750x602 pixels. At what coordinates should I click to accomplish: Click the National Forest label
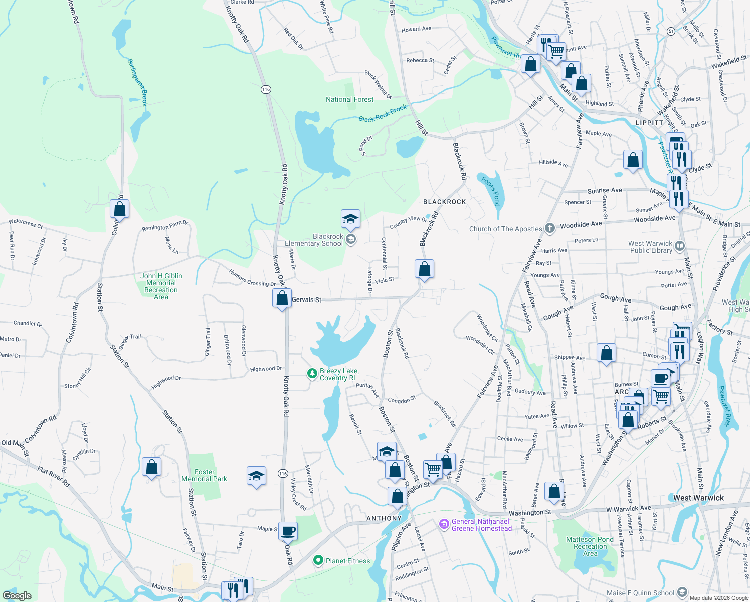349,99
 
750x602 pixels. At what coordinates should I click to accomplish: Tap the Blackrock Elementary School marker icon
351,239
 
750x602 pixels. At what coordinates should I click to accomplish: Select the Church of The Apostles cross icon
550,228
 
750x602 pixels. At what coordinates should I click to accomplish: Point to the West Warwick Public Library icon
680,246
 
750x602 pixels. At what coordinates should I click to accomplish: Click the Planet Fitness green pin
318,560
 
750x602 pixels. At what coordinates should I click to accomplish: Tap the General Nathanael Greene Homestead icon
444,524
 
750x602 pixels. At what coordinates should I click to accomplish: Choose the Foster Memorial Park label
204,475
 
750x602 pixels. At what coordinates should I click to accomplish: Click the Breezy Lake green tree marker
312,373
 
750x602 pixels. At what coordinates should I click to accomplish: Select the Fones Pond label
491,191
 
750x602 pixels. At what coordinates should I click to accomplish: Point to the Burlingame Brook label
137,82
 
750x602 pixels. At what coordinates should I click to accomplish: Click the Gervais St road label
306,299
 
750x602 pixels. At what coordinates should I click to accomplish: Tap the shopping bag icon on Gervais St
282,298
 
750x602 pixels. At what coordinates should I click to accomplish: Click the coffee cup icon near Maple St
288,531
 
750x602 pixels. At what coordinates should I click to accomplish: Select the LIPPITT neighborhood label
649,123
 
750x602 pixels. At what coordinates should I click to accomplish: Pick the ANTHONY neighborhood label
384,518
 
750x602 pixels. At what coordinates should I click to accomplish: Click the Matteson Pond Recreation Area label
590,546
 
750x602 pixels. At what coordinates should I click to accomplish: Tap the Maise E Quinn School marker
682,592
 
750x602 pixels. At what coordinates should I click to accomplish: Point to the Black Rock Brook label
383,114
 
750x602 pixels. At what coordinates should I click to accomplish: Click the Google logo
17,595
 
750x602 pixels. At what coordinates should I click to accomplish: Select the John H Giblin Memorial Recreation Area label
161,286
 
